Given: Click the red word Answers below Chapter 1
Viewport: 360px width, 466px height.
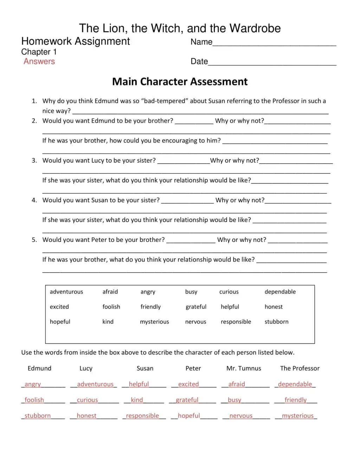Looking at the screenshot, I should tap(39, 62).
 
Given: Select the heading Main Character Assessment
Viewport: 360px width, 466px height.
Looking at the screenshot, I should tap(180, 82).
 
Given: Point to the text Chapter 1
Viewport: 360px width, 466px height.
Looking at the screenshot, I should tap(39, 52).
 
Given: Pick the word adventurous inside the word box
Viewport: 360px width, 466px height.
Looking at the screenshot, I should tap(66, 292).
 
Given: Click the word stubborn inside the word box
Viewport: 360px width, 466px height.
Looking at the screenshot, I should tap(276, 322).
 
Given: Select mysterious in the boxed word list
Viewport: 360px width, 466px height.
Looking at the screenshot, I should tap(154, 322).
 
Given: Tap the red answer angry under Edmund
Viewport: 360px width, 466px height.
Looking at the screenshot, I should tap(33, 384).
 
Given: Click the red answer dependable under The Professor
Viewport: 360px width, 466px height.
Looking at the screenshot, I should tap(295, 384).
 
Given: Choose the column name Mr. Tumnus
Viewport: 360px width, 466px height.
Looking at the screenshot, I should tap(244, 369).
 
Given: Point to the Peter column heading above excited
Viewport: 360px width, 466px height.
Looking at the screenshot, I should tap(193, 369).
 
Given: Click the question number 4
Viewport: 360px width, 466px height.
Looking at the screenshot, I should tap(34, 200).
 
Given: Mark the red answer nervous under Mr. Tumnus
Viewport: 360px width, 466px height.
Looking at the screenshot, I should tap(241, 416).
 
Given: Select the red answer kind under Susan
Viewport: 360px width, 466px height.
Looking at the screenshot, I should tap(137, 400).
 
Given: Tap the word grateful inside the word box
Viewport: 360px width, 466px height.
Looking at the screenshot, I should tap(196, 307).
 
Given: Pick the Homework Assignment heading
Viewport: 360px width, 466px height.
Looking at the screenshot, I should tap(76, 42).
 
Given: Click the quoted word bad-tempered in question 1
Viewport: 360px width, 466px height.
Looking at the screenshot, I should tap(165, 101).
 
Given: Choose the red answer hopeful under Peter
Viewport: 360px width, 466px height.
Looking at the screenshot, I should tap(189, 416).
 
